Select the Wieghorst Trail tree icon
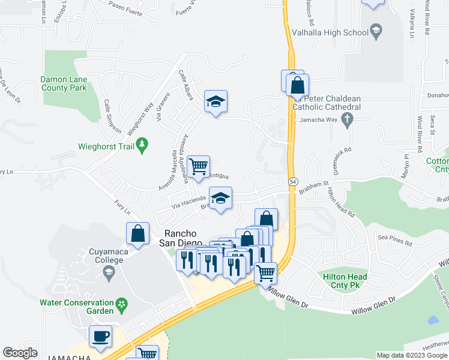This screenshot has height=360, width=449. [142, 145]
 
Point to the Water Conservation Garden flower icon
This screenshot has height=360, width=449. [122, 304]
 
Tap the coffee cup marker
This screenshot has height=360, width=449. [100, 336]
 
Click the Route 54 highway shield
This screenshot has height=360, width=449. [292, 181]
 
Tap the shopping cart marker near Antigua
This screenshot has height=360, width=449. [198, 166]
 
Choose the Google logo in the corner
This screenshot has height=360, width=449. [20, 353]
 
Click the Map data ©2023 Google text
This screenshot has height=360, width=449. [411, 355]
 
